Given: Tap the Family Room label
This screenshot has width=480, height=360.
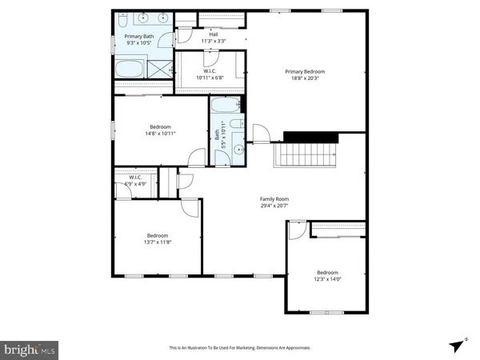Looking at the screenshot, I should point(274,198).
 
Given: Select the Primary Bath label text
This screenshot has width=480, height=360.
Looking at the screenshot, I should point(138,36).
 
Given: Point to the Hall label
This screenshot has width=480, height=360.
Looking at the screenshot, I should point(214,34).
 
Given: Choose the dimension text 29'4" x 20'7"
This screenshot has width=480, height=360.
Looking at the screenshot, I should point(274,206).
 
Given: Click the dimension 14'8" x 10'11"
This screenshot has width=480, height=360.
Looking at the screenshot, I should point(162,134).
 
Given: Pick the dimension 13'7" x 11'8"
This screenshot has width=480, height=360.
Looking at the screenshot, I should point(157,242).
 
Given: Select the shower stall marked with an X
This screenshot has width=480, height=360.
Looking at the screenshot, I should point(162,70).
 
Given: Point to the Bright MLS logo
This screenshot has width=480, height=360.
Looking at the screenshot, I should point(30,349).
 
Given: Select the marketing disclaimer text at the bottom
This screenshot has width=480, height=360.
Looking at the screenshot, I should point(240,348).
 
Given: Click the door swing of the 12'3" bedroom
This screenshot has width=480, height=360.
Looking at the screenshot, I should point(297,230).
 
